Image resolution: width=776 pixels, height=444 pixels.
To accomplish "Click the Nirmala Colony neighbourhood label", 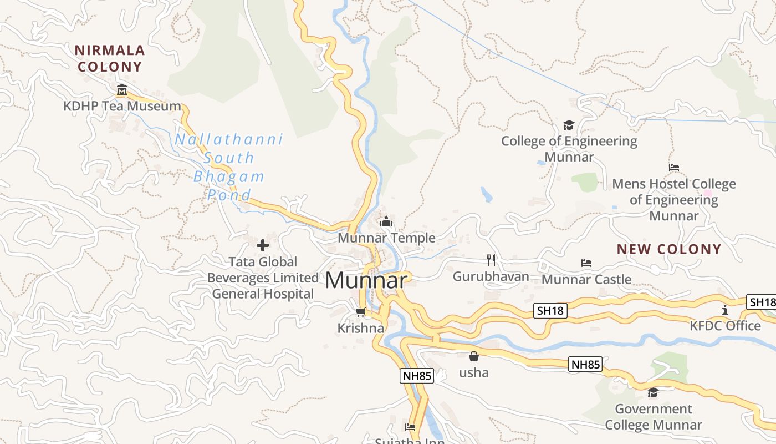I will coord(110,58).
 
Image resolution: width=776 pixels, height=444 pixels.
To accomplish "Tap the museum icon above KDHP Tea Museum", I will coord(122,89).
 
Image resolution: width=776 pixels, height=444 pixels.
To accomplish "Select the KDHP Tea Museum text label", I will coord(122,106).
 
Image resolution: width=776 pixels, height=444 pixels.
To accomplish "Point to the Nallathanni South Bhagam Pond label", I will coord(229,167).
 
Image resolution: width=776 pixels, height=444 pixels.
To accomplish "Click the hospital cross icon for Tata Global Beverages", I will coord(263,245).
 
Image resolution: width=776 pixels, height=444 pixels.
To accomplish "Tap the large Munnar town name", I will coord(366,280).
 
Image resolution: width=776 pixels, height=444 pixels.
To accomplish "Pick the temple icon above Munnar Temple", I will coord(386,222).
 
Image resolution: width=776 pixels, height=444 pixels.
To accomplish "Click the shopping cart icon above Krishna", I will coord(360,312).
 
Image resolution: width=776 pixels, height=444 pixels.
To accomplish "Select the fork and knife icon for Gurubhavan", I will coord(491,260).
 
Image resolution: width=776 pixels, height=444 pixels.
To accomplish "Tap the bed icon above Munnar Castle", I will coord(586,263).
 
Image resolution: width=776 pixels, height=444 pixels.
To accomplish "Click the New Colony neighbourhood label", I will coord(669,249).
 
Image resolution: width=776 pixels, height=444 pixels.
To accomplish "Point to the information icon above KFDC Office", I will coord(724,310).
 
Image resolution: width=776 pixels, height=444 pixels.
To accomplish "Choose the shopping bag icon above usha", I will coord(474,356).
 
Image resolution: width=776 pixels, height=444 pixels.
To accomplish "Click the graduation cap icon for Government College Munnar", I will coord(654,393).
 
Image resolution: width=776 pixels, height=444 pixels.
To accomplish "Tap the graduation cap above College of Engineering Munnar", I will coord(569,125).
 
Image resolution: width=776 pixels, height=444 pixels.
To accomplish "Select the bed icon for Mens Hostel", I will coord(674,167).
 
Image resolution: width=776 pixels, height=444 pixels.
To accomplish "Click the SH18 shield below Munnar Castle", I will coord(550,311).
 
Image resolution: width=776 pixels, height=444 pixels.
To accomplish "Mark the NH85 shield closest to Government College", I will coord(585,365).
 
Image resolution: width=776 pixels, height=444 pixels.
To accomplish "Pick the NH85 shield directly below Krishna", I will coord(417,376).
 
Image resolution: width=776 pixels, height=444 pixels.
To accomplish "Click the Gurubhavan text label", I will coord(491,276).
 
